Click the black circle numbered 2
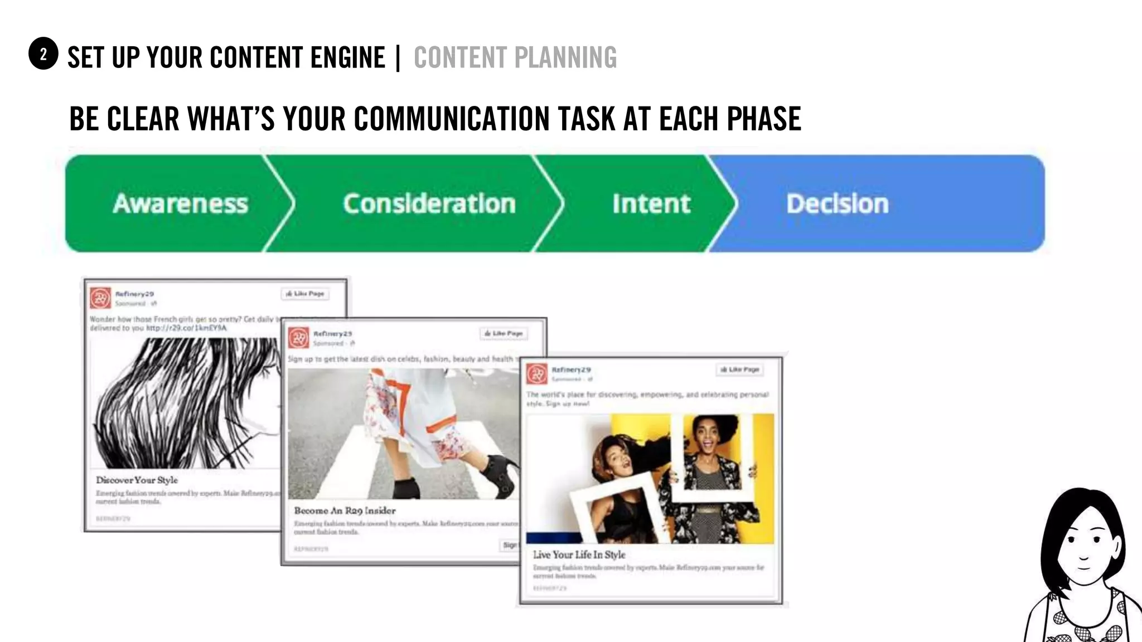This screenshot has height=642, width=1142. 43,54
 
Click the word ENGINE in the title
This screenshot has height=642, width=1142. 347,57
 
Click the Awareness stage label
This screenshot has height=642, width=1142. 180,203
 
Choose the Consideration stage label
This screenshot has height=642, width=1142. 429,203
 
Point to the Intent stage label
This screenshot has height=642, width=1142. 651,203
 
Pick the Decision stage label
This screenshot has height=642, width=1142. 838,203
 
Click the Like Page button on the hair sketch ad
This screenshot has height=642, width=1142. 305,294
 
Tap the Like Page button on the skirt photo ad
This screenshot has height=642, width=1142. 504,333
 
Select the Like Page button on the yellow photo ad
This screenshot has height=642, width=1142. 740,369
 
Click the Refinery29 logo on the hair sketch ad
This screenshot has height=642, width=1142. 101,298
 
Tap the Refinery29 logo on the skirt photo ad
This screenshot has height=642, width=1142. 299,338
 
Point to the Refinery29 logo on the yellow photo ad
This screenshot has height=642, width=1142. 537,374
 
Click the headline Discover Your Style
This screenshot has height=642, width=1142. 137,480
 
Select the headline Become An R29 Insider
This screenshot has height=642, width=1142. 345,510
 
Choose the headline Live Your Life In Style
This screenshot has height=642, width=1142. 579,555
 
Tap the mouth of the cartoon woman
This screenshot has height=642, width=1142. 1083,567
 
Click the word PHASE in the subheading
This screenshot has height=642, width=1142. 764,119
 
